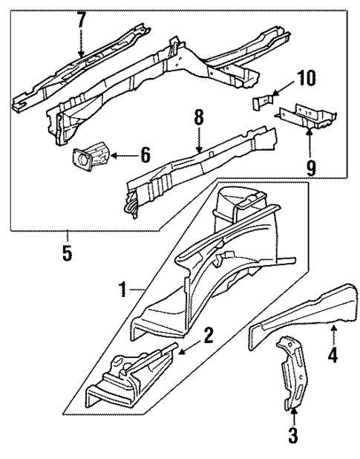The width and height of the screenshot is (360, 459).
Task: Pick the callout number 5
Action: pyautogui.click(x=68, y=254)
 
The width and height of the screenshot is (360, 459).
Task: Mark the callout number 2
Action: pyautogui.click(x=209, y=335)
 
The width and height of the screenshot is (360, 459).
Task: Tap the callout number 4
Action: pyautogui.click(x=333, y=355)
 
